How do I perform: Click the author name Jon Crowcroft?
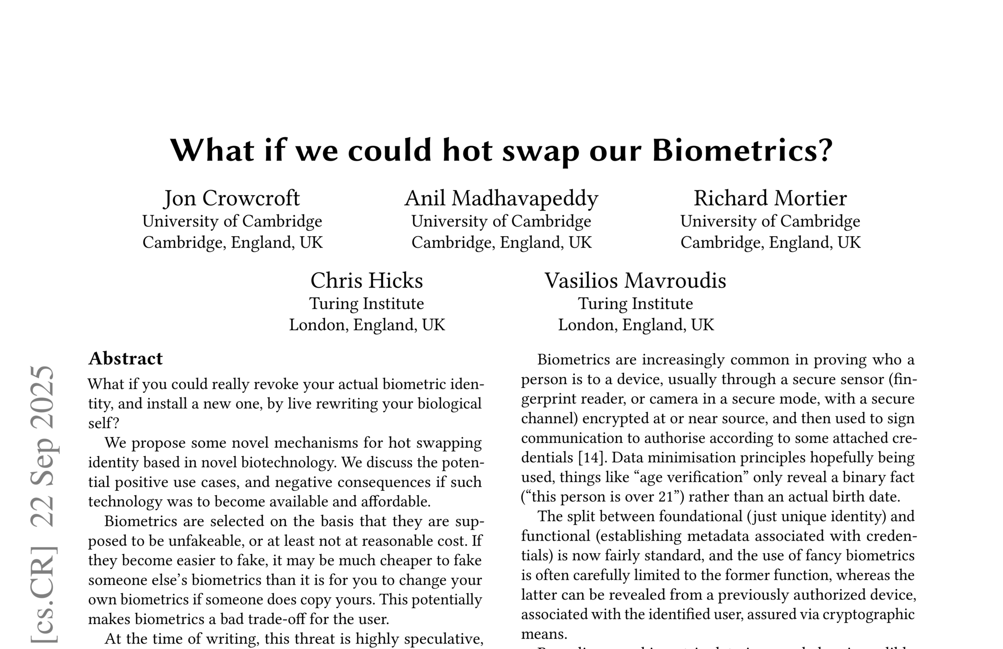(x=232, y=198)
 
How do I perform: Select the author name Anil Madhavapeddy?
(x=501, y=198)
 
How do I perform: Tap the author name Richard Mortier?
(x=770, y=198)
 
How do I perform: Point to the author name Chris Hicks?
(x=366, y=281)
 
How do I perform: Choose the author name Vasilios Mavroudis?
(x=635, y=281)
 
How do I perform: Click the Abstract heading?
(x=125, y=359)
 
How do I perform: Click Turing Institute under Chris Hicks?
(x=366, y=304)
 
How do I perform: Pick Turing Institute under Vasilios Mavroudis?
(x=635, y=304)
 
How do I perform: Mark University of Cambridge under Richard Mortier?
(x=770, y=221)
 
